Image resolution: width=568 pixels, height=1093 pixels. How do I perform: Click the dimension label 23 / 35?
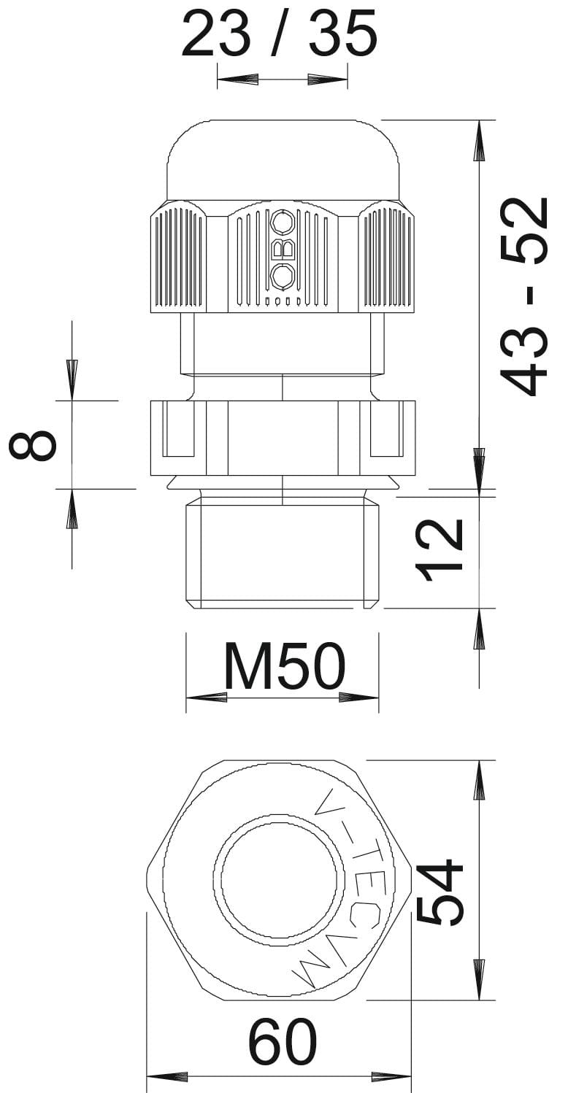280,33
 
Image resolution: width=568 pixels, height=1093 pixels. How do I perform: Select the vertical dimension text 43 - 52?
524,297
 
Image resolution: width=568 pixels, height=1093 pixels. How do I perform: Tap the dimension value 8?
33,444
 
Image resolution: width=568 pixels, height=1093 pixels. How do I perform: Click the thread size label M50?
284,665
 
